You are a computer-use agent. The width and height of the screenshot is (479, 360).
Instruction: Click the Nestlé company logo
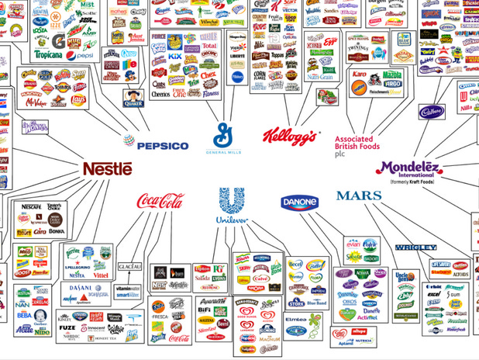tap(108, 168)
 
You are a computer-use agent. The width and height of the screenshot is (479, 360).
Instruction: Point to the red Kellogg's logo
tap(290, 137)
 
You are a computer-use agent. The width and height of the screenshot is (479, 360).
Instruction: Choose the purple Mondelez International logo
tap(419, 168)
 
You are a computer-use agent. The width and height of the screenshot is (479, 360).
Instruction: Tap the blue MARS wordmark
tap(359, 196)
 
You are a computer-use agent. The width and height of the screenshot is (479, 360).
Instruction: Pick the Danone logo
tap(299, 202)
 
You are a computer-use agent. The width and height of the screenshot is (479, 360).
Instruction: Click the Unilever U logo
tap(231, 205)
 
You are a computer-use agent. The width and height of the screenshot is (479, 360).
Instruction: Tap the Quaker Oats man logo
tap(133, 97)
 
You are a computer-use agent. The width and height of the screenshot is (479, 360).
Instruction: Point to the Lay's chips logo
tap(78, 99)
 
